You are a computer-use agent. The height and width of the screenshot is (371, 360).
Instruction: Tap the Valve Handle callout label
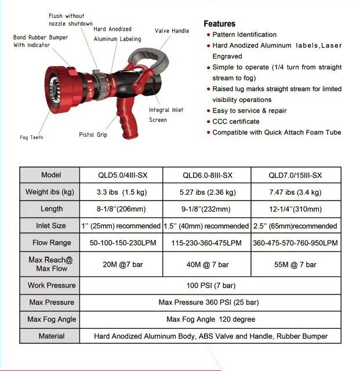[x=172, y=31]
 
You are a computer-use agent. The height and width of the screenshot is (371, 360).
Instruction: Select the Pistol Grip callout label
[x=93, y=135]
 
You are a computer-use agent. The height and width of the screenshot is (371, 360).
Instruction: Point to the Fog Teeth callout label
[x=31, y=137]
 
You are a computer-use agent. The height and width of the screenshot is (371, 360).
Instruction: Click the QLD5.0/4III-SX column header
[x=119, y=176]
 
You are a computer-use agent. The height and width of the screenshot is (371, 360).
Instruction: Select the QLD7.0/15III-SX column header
[x=295, y=176]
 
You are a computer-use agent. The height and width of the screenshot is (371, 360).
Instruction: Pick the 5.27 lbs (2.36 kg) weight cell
[x=208, y=192]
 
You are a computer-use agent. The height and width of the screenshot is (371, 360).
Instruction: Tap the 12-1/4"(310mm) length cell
[x=295, y=209]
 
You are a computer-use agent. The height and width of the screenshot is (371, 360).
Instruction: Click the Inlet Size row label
[x=51, y=225]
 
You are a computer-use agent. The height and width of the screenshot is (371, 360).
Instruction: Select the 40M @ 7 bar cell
[x=208, y=264]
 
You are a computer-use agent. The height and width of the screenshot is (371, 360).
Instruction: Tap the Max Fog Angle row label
[x=51, y=319]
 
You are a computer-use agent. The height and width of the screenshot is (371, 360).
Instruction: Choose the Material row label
[x=51, y=336]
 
